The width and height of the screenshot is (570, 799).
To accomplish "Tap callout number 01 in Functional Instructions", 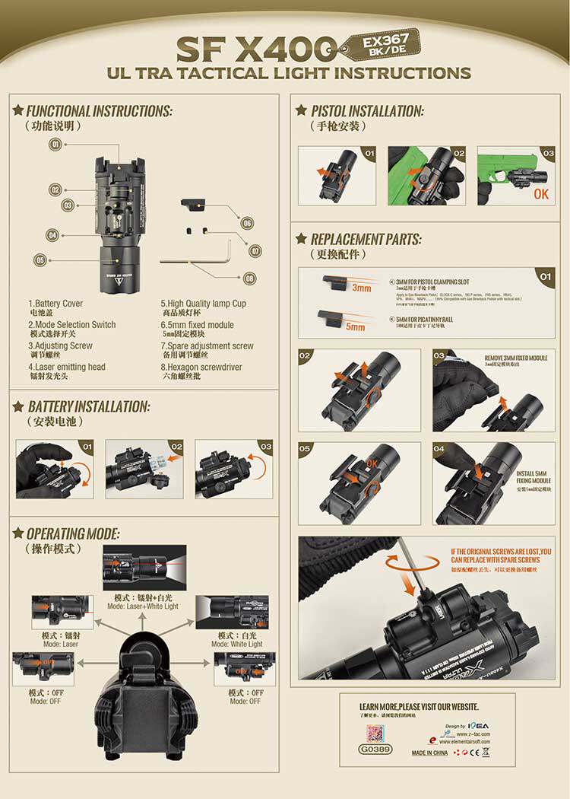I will (x=55, y=144).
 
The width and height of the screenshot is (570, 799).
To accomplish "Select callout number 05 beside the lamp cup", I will (x=40, y=260).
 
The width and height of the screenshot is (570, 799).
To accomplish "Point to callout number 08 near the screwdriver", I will (x=249, y=279).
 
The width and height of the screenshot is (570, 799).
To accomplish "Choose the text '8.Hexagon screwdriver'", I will (x=201, y=367).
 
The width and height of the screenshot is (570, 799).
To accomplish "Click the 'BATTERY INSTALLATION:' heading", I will (x=88, y=406).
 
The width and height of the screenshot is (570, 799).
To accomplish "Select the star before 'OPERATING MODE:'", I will (x=18, y=533).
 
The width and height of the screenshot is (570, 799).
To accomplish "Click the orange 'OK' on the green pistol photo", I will (x=540, y=194).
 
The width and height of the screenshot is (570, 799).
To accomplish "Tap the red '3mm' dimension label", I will (x=361, y=288).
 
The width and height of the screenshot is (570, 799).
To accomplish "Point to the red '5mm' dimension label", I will (x=355, y=326).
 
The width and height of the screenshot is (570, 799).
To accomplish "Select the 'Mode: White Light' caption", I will (x=239, y=644).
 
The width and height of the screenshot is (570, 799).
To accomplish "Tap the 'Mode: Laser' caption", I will (x=61, y=644).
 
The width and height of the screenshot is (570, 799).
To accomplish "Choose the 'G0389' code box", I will (x=375, y=749).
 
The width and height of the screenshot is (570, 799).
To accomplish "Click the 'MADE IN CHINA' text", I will (x=429, y=753).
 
